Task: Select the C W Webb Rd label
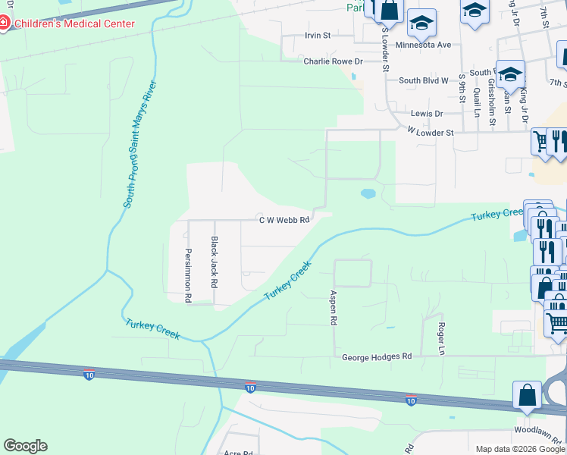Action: (284, 221)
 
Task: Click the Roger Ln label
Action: (441, 337)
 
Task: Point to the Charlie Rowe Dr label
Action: (334, 61)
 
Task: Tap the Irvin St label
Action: (318, 36)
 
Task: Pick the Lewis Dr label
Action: (426, 114)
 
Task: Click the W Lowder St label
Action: (430, 132)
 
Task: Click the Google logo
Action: (25, 446)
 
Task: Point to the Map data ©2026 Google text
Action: (520, 449)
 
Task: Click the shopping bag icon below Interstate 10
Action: (527, 395)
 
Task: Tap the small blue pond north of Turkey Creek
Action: (368, 194)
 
